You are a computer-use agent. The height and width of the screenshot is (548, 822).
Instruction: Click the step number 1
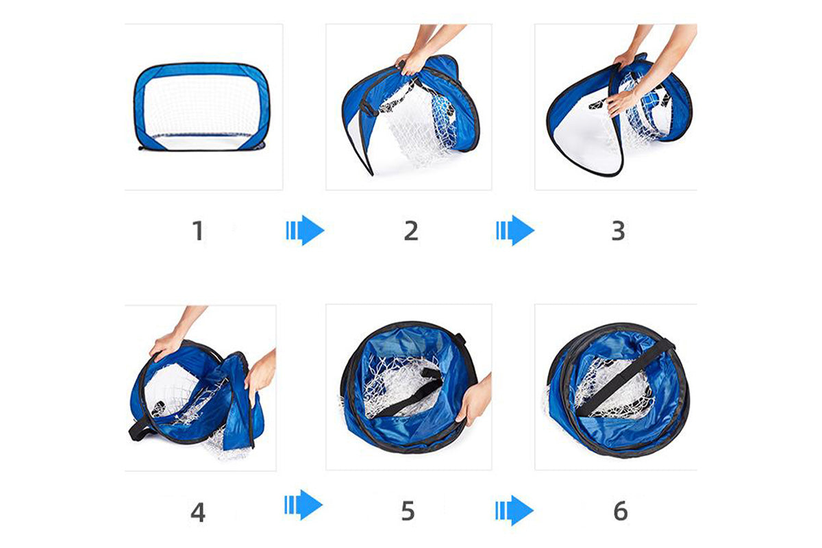click(x=198, y=231)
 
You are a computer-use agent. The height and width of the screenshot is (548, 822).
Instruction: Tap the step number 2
click(x=411, y=231)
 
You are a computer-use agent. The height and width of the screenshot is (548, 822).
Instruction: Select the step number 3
click(x=619, y=231)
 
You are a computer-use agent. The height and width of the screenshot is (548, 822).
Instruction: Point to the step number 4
click(x=198, y=512)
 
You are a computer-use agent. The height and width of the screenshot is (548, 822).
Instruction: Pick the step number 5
click(x=408, y=510)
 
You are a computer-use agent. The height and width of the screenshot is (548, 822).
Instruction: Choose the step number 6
click(x=621, y=510)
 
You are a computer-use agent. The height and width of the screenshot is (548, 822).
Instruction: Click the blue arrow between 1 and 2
click(x=305, y=231)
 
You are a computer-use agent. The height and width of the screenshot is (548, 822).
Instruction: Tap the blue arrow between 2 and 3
click(x=515, y=231)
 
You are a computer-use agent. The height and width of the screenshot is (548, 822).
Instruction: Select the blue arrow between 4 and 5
click(x=303, y=505)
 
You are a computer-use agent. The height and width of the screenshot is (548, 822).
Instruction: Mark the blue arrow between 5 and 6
click(x=514, y=510)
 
